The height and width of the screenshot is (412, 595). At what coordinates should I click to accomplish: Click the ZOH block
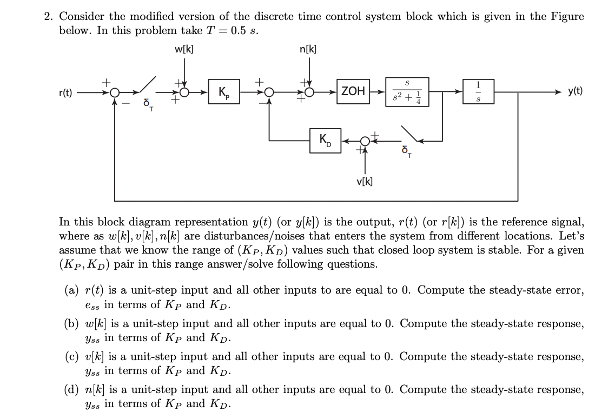click(353, 91)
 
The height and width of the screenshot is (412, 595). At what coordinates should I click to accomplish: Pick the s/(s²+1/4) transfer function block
click(407, 91)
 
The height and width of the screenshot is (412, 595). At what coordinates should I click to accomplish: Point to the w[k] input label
click(184, 49)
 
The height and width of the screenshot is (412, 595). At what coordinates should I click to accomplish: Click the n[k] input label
click(308, 49)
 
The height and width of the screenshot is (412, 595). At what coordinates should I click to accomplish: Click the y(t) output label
click(574, 91)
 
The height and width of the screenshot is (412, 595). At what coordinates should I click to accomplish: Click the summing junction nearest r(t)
click(115, 92)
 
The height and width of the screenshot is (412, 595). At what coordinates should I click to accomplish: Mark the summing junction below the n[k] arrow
click(309, 92)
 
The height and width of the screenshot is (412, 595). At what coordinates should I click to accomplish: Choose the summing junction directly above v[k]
click(364, 141)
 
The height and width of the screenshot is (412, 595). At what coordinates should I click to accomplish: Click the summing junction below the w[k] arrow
click(185, 92)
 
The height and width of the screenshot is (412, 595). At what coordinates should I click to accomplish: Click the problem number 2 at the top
click(49, 16)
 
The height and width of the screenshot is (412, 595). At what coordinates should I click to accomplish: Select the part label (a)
click(71, 290)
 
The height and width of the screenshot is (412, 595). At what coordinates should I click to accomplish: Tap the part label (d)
click(71, 390)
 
